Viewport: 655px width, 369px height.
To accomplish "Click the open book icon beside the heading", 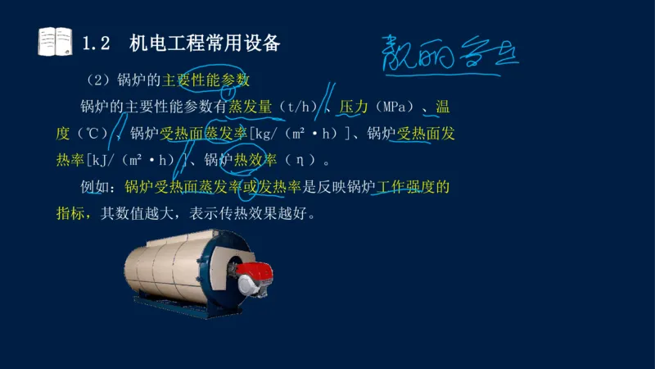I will pyautogui.click(x=55, y=42).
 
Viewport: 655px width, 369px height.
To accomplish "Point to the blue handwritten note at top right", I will pyautogui.click(x=449, y=53).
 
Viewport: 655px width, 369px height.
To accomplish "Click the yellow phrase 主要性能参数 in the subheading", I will pyautogui.click(x=206, y=80).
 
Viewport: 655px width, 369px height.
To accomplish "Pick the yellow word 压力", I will pyautogui.click(x=351, y=107).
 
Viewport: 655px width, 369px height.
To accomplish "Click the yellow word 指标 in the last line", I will pyautogui.click(x=70, y=214).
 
